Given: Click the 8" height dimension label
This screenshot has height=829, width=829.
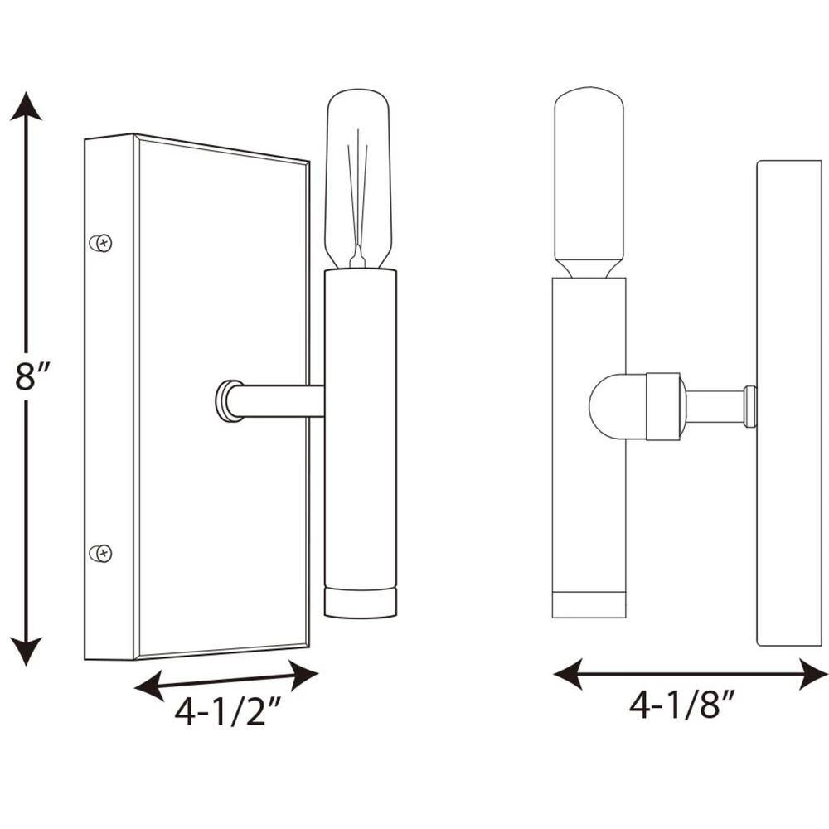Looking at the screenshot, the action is pos(32,376).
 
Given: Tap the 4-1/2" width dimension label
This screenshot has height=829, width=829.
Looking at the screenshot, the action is pos(227,710).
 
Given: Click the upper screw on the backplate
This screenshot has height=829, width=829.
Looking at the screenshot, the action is pos(101,243).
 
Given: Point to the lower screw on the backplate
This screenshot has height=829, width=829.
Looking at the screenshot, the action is pos(101,553).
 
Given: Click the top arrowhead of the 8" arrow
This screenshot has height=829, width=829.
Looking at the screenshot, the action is pos(26,106).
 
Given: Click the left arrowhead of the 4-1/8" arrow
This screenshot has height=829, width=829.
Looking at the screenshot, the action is pos(569,674).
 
